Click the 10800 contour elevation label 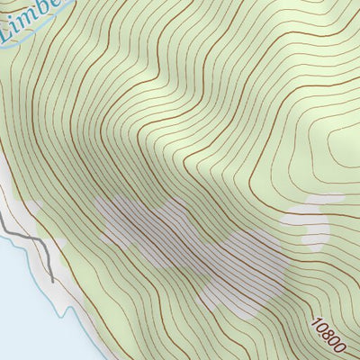click(329, 332)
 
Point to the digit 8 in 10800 click(329, 332)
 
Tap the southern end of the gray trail click(51, 280)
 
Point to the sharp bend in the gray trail click(40, 241)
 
